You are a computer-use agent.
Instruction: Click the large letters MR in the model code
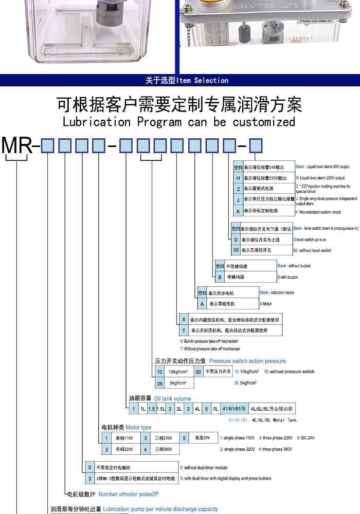[x=17, y=146]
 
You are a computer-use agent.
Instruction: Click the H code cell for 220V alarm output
[x=238, y=178]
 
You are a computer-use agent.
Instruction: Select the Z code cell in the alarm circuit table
[x=238, y=189]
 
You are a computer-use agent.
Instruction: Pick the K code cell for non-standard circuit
[x=238, y=211]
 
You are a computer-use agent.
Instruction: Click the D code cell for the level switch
[x=236, y=240]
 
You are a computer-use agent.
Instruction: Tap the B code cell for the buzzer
[x=220, y=277]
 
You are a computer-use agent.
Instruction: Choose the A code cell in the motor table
[x=202, y=304]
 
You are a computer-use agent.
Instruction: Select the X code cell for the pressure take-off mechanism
[x=184, y=319]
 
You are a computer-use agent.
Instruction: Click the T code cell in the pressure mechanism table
[x=184, y=331]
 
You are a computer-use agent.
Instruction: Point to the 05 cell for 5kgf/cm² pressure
[x=160, y=383]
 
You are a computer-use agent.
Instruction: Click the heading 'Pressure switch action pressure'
[x=247, y=361]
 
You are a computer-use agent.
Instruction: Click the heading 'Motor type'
[x=138, y=428]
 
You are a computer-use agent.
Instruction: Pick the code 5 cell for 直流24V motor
[x=184, y=438]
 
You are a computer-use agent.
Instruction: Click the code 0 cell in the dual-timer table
[x=89, y=468]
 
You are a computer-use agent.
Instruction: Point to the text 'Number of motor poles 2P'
[x=128, y=494]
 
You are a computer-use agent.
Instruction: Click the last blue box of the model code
[x=256, y=146]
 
